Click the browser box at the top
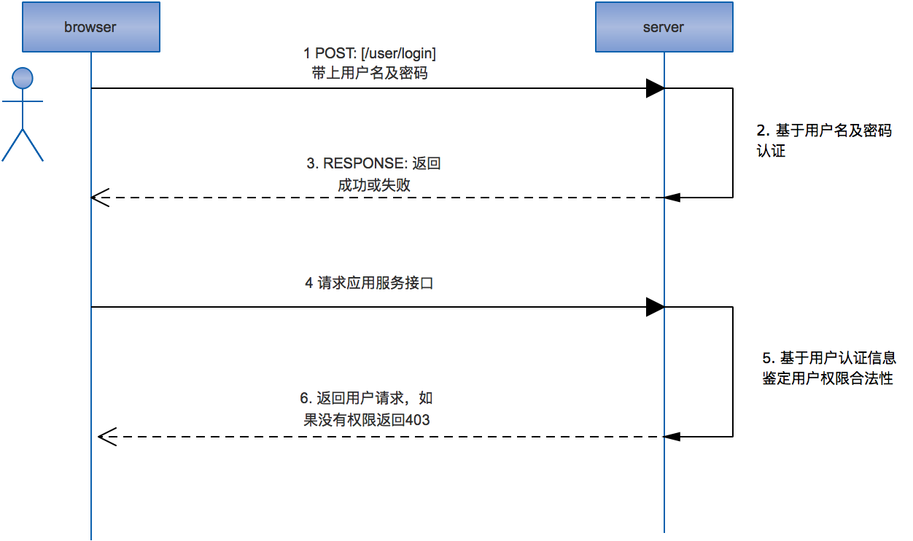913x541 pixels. click(x=90, y=27)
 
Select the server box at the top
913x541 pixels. click(x=664, y=27)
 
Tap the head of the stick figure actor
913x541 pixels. click(x=23, y=77)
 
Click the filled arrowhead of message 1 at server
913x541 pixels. click(x=655, y=89)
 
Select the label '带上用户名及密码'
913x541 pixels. click(x=369, y=73)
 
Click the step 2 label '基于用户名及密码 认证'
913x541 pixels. click(x=823, y=141)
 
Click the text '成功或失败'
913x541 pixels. click(x=373, y=184)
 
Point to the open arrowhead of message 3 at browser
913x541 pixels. click(x=99, y=197)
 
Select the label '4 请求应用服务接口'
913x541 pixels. click(x=369, y=283)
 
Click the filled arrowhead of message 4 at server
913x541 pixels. click(x=655, y=308)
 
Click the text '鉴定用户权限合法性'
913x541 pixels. click(x=827, y=378)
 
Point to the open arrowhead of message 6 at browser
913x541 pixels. click(x=107, y=437)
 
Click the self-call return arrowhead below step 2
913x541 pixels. click(x=672, y=197)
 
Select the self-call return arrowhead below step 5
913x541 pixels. click(x=672, y=437)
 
